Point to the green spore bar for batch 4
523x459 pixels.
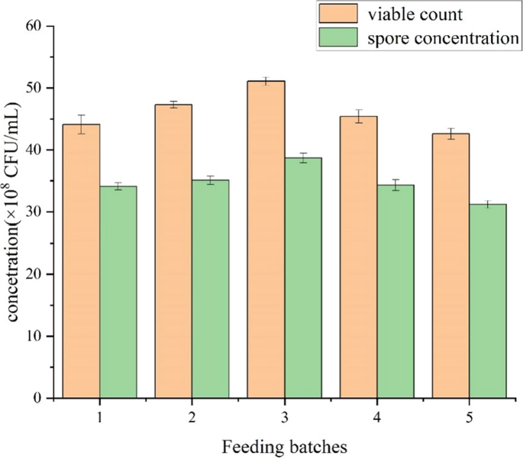(x=395, y=291)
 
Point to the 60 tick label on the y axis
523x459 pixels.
(x=33, y=27)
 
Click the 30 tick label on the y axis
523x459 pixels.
(x=33, y=212)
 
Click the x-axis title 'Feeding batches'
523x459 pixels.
(x=285, y=444)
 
